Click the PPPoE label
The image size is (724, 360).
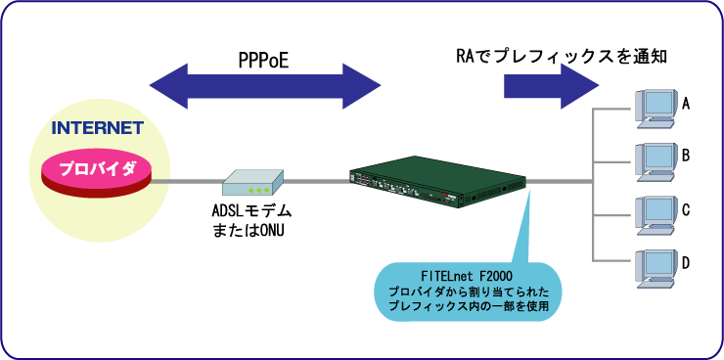[x=263, y=61]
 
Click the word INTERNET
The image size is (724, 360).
[x=98, y=128]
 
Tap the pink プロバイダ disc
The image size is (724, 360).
[x=97, y=169]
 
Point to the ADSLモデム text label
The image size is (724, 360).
[x=252, y=211]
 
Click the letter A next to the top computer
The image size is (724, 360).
[x=687, y=103]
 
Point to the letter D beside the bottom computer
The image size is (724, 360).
[x=687, y=263]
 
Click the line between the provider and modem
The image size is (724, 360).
[x=186, y=181]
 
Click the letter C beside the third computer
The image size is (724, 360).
[x=687, y=209]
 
